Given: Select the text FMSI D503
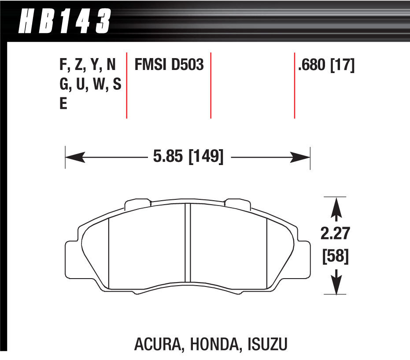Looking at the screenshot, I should point(169,66).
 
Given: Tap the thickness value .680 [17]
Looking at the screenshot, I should point(326,66).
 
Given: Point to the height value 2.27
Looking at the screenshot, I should point(335,234).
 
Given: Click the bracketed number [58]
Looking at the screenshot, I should point(335,257).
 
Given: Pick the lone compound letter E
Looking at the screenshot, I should point(63,105).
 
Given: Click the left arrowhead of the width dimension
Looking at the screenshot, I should point(73,157).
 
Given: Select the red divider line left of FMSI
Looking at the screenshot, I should point(127,86).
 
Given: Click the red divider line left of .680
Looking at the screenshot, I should point(294,86).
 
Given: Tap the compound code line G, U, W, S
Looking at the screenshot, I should point(90,85).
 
